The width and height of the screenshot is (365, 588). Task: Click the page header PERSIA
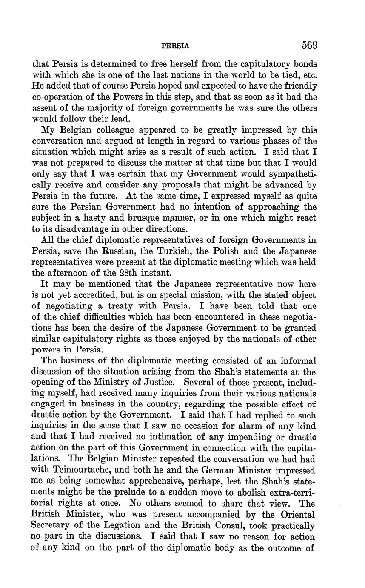(x=175, y=45)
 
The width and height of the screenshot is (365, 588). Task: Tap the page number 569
(x=310, y=44)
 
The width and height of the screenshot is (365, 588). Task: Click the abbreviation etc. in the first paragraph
(x=308, y=75)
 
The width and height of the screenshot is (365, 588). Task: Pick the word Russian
(x=129, y=251)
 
